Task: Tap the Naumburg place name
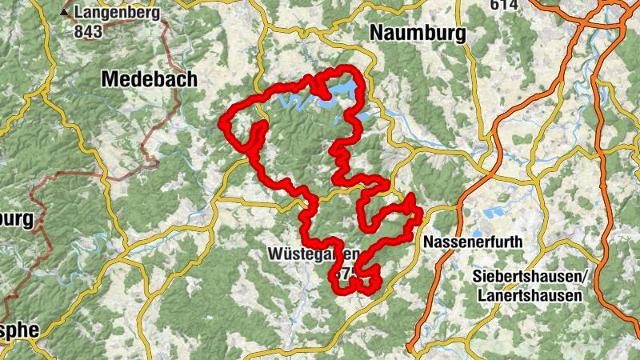pyautogui.click(x=417, y=33)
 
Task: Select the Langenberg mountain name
pyautogui.click(x=117, y=14)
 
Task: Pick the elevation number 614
pyautogui.click(x=506, y=5)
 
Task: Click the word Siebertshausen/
pyautogui.click(x=530, y=277)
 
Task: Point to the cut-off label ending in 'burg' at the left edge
pyautogui.click(x=16, y=218)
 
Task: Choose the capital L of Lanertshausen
pyautogui.click(x=482, y=295)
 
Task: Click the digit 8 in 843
pyautogui.click(x=78, y=31)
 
